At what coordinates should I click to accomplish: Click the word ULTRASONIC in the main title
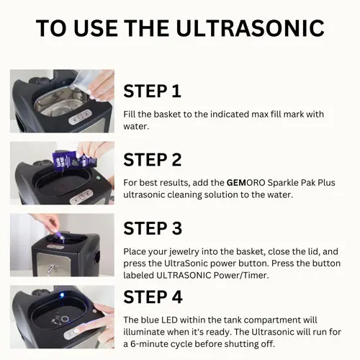point(251,28)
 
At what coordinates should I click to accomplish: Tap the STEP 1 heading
point(152,91)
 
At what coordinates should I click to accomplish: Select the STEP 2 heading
point(153,160)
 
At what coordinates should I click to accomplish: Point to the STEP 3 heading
point(153,228)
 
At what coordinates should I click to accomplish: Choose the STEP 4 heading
point(153,297)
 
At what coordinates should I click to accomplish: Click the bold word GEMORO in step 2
point(246,183)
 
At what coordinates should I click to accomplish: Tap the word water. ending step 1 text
point(136,127)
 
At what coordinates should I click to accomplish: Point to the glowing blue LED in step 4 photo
point(62,295)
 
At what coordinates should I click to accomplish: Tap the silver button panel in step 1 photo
point(80,117)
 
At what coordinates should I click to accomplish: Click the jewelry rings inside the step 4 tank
point(60,320)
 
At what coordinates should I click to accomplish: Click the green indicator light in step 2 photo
point(98,178)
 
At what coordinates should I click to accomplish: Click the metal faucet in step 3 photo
point(52,269)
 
